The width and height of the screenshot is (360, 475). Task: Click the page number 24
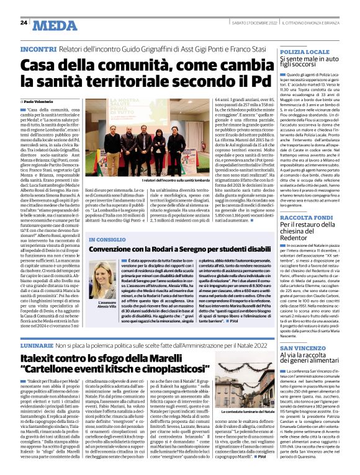click(23, 22)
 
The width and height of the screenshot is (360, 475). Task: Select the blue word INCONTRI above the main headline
click(38, 48)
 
